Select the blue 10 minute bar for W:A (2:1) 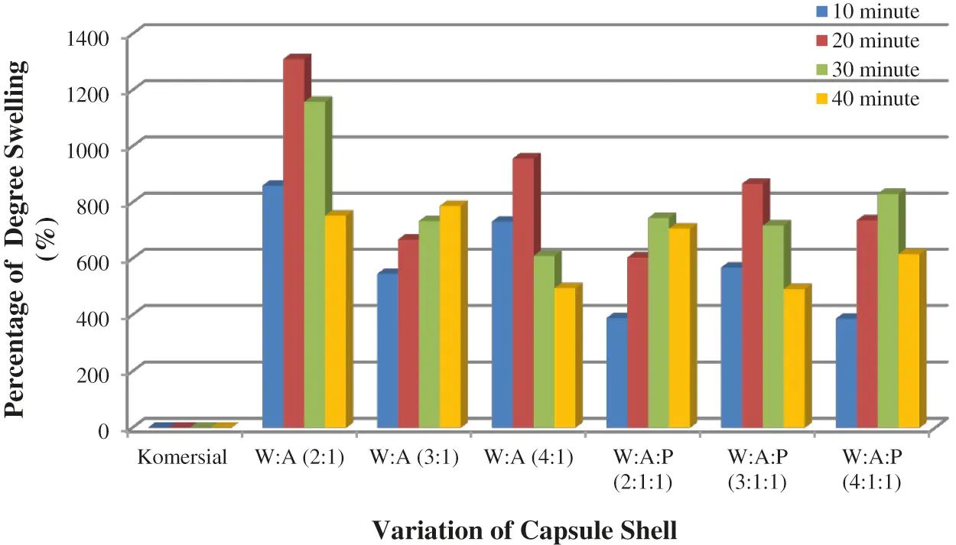point(272,306)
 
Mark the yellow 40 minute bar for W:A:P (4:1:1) point(908,340)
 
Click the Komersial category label point(183,458)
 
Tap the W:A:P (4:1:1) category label point(872,470)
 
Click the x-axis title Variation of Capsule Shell point(525,529)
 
